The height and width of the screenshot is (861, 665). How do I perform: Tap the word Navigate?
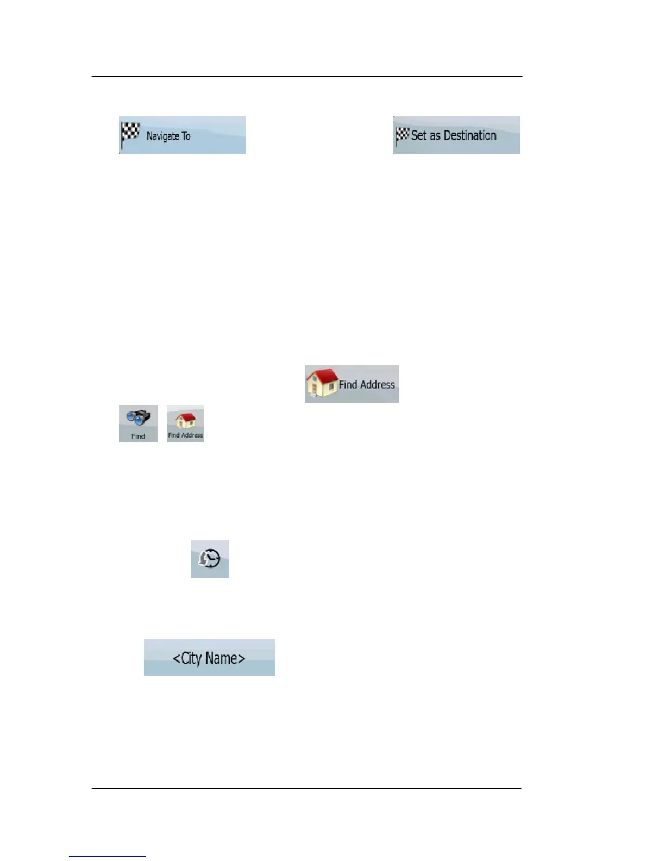pos(162,136)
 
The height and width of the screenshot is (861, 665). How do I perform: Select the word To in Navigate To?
pos(186,136)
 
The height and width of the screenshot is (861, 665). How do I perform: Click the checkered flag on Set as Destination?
pos(402,135)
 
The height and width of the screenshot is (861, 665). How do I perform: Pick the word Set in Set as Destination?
pos(419,135)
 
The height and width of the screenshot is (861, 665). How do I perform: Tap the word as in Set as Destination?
pos(435,136)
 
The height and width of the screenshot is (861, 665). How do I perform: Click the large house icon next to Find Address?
pos(322,383)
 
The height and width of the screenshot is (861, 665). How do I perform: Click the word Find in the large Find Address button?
pos(348,385)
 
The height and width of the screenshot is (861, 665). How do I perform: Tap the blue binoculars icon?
pos(139,419)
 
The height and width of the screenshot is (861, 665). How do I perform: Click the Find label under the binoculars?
pos(139,436)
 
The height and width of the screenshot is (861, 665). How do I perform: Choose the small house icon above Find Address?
pos(186,420)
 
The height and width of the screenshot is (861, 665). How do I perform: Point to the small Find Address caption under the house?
pos(185,435)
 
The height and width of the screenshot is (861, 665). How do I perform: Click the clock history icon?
pos(210,559)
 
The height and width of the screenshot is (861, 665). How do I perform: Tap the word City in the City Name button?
pos(191,658)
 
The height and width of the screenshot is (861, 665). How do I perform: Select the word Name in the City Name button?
pos(221,658)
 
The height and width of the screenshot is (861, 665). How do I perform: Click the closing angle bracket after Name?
pos(242,659)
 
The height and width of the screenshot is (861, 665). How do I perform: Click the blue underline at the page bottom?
pos(108,856)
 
